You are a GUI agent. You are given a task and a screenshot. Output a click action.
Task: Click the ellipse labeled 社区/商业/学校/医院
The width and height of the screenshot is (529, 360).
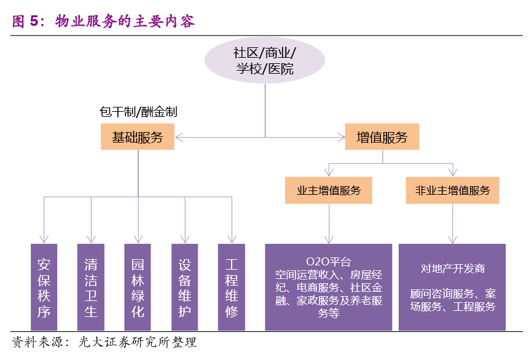[265, 60]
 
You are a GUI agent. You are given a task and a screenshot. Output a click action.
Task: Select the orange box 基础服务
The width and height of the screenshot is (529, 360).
[138, 136]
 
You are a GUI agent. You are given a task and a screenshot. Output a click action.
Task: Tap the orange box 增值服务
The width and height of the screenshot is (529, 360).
[382, 136]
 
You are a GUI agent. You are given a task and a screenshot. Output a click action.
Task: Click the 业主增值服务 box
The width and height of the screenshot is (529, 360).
[329, 190]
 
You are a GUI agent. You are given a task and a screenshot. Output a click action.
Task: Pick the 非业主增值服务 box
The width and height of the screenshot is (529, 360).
[452, 190]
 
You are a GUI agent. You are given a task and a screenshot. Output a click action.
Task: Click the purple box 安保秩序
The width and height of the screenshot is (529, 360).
[44, 287]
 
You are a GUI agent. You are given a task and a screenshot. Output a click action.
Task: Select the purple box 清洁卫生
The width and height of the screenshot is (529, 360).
[91, 287]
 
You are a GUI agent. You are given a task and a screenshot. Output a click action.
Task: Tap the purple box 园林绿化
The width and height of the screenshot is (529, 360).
[138, 287]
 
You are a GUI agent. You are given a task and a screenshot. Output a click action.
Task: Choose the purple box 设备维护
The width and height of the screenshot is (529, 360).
[184, 287]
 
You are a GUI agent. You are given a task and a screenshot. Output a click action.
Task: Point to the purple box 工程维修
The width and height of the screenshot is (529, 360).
[232, 287]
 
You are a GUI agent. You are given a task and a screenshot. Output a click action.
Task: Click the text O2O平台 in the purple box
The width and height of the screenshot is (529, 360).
[329, 262]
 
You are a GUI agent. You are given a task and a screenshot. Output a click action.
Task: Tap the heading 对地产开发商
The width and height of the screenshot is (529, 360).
[452, 268]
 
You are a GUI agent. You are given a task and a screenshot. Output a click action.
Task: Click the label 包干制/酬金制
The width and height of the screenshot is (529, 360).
[138, 112]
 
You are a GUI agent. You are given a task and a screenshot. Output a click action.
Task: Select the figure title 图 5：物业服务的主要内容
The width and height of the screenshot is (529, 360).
[103, 21]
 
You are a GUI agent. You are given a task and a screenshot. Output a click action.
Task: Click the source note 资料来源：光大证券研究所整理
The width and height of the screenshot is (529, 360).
[104, 342]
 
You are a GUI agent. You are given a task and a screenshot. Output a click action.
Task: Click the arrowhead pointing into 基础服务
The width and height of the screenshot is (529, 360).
[179, 138]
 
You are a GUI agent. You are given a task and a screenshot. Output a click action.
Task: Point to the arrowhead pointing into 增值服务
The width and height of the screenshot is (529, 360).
[341, 138]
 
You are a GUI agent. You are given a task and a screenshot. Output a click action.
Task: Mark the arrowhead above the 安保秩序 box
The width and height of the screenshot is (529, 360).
[44, 240]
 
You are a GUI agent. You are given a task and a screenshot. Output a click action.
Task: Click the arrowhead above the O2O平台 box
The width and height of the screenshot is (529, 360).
[329, 240]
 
